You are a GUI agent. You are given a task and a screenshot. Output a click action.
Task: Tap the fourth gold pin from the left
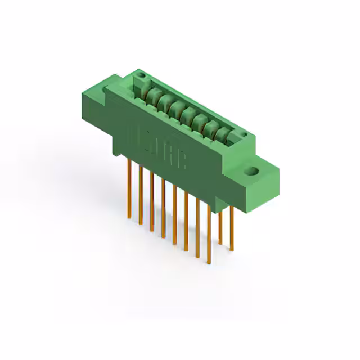point(163,208)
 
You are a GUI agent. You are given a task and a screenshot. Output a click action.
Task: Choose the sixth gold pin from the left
point(186,222)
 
